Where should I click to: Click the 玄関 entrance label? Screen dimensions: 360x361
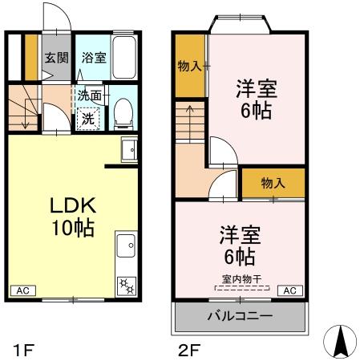click(56, 58)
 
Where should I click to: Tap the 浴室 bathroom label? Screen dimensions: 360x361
click(94, 58)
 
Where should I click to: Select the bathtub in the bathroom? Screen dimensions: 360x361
click(123, 57)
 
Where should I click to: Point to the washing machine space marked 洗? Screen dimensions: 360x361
click(88, 119)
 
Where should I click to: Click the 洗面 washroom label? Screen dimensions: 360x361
click(90, 95)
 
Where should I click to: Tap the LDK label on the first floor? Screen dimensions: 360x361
click(73, 205)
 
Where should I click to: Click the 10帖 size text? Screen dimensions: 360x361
click(73, 228)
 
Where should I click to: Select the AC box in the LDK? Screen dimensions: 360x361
click(23, 290)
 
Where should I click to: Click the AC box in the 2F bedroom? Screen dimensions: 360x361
click(290, 290)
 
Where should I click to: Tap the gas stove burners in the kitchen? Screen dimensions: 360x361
click(127, 286)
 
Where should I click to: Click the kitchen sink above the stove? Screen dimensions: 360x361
click(126, 245)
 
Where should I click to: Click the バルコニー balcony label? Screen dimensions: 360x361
click(240, 316)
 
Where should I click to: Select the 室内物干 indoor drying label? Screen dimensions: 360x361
click(241, 279)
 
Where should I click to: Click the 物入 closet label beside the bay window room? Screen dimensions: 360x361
click(189, 66)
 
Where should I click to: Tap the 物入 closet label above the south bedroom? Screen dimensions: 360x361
click(273, 183)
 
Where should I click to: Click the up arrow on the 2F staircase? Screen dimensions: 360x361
click(190, 123)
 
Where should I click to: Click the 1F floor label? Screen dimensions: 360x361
click(24, 350)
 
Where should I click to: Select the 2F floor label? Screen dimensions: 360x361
click(189, 350)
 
